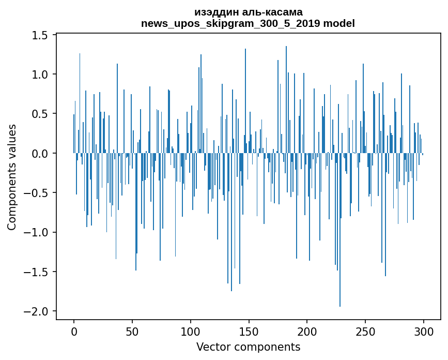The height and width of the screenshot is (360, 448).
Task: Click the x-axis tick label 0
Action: pyautogui.click(x=74, y=331)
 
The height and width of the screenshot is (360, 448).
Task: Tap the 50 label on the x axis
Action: pyautogui.click(x=132, y=331)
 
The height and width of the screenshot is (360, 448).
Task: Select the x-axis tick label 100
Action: pyautogui.click(x=191, y=331)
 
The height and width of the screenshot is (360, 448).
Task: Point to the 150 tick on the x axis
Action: pyautogui.click(x=249, y=331)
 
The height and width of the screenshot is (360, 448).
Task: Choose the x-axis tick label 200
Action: pyautogui.click(x=307, y=331)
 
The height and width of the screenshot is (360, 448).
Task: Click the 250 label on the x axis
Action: pyautogui.click(x=365, y=331)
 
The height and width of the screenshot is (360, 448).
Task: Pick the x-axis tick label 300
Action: pyautogui.click(x=424, y=331)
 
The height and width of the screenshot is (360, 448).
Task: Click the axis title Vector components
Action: pyautogui.click(x=248, y=347)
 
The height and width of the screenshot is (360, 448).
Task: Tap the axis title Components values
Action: pyautogui.click(x=12, y=177)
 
